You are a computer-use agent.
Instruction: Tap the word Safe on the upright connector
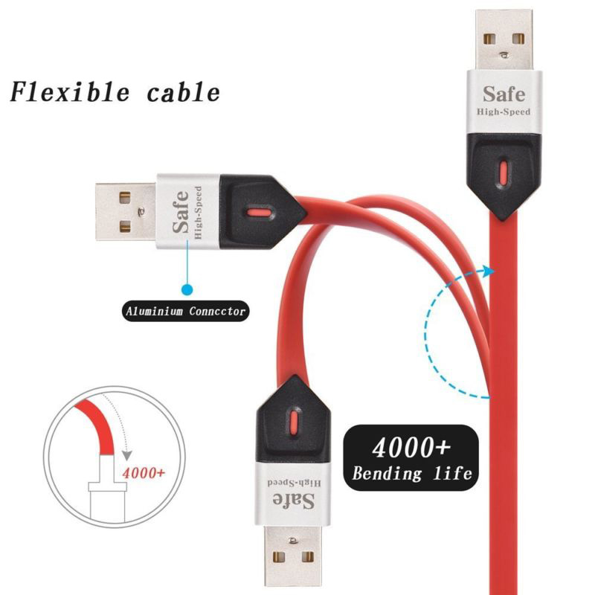pos(504,94)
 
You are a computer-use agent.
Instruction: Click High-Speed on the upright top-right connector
pos(504,112)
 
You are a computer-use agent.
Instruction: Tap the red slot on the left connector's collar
pos(257,213)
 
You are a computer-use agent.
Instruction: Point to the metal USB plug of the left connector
pos(125,211)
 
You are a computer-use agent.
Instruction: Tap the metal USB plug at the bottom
pos(295,554)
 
